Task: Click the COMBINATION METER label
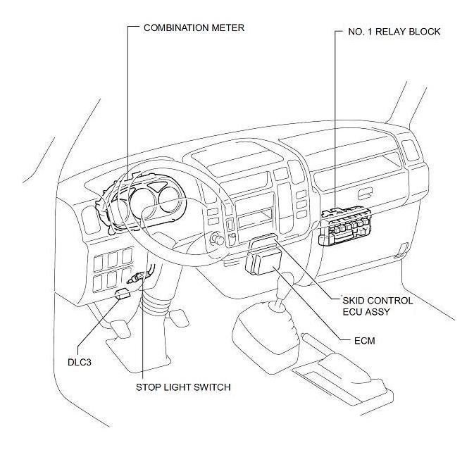click(194, 27)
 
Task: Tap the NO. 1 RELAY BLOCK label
click(394, 32)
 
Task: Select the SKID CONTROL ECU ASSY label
click(378, 306)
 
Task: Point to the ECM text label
click(365, 341)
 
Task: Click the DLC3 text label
click(79, 362)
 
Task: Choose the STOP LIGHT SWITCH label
click(183, 387)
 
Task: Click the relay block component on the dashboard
click(344, 225)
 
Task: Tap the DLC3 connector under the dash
click(123, 294)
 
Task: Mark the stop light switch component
click(139, 277)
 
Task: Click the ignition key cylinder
click(217, 239)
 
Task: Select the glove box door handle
click(365, 194)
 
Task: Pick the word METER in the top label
click(227, 27)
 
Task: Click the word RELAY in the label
click(390, 32)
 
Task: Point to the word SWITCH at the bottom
click(212, 387)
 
